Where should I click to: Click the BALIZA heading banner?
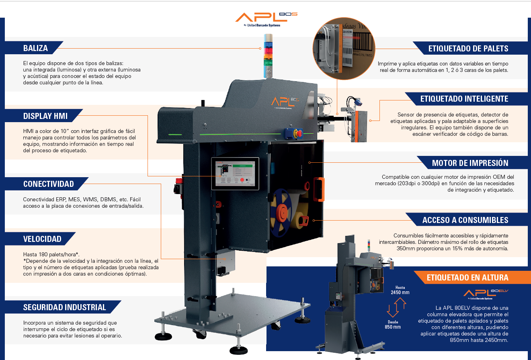pos(35,48)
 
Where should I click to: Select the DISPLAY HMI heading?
pos(45,117)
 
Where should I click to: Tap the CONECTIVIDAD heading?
pos(48,184)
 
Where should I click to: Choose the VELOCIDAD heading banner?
pos(42,239)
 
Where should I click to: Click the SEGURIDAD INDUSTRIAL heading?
pos(64,307)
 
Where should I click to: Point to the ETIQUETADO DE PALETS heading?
pos(468,49)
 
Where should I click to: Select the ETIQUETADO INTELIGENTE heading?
pos(464,99)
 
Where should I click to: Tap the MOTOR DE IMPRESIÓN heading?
pos(470,163)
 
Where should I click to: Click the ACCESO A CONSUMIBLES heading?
pos(465,220)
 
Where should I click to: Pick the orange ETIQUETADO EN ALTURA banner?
pos(467,278)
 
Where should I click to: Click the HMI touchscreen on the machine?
pos(235,173)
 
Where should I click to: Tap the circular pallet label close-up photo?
pos(344,47)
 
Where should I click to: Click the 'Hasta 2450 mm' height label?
pos(400,290)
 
